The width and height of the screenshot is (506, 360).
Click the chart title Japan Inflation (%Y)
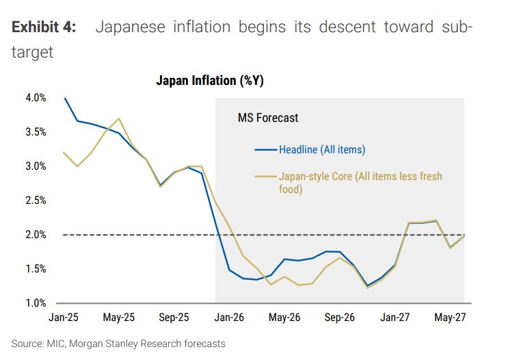click(209, 81)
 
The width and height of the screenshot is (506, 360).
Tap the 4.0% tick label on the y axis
click(35, 98)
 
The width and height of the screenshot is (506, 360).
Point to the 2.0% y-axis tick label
click(35, 235)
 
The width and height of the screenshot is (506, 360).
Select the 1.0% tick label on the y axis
click(35, 303)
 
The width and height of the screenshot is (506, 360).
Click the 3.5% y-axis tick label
click(35, 132)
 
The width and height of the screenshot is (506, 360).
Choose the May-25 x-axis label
click(120, 318)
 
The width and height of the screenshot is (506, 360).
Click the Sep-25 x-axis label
click(174, 318)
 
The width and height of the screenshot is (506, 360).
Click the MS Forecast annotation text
click(267, 118)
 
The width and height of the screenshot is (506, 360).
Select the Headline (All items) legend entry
click(321, 150)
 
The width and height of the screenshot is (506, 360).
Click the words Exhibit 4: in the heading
click(43, 27)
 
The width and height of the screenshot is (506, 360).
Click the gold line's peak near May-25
click(120, 118)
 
